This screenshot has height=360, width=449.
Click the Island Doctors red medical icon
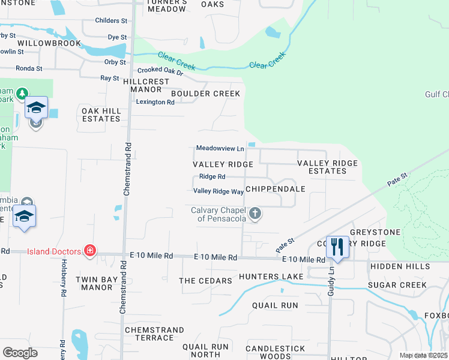click(90, 250)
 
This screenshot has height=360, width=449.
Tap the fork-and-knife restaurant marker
click(337, 246)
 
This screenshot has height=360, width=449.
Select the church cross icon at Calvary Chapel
click(255, 213)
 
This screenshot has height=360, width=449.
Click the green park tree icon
click(22, 93)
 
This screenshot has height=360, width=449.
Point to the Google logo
click(20, 353)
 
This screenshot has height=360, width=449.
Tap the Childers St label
click(112, 20)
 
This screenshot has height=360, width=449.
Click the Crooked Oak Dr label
click(159, 70)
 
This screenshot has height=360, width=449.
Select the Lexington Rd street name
click(155, 102)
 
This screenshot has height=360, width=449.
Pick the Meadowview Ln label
click(220, 148)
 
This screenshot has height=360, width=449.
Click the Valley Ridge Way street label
click(218, 191)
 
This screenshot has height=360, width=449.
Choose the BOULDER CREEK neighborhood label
click(205, 94)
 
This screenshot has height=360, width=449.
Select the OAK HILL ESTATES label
click(101, 115)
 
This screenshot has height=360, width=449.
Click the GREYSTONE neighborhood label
click(375, 232)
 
